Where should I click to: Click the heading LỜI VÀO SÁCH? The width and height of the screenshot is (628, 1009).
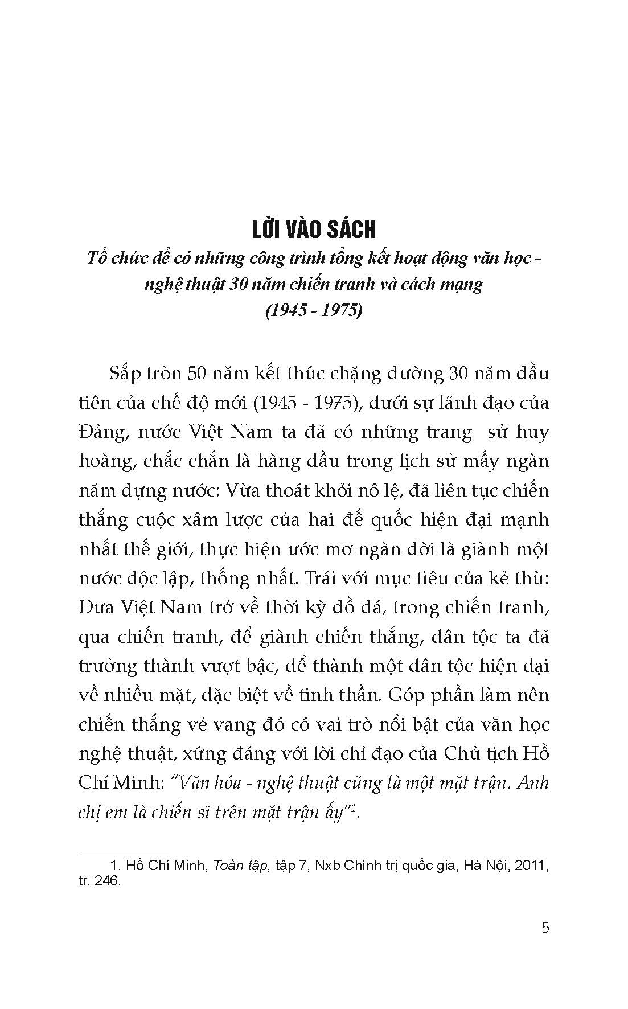point(313,229)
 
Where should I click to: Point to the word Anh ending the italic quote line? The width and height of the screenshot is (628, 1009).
point(535,782)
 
